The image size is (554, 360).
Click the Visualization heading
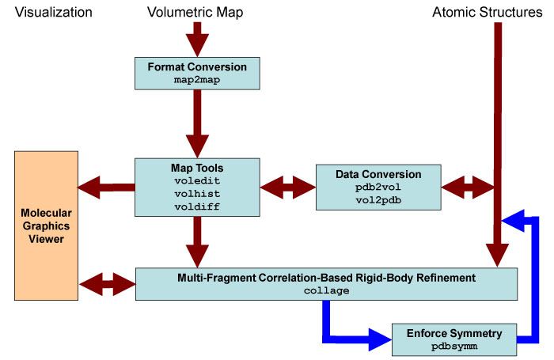click(x=53, y=13)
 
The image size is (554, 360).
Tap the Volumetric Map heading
click(x=195, y=13)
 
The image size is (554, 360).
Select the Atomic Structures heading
click(x=488, y=13)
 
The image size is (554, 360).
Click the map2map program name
click(x=197, y=80)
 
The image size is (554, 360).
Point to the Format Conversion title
click(x=197, y=66)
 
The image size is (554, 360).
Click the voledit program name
click(x=197, y=181)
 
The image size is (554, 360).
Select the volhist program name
click(x=197, y=194)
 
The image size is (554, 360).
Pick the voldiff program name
click(x=197, y=207)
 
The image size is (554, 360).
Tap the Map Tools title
click(x=197, y=168)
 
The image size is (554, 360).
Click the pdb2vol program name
click(x=378, y=188)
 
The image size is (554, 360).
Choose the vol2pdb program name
click(x=378, y=200)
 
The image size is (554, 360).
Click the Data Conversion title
click(x=378, y=174)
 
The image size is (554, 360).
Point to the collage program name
click(x=326, y=290)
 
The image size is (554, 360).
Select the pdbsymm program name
click(x=454, y=347)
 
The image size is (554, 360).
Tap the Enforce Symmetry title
click(x=454, y=333)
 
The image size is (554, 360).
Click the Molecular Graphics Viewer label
click(x=46, y=225)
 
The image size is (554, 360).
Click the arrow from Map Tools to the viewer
click(x=106, y=188)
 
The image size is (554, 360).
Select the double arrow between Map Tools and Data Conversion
click(x=287, y=188)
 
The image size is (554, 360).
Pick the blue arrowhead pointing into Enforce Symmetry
click(x=380, y=340)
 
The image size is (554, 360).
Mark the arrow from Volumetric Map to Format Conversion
click(x=197, y=40)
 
